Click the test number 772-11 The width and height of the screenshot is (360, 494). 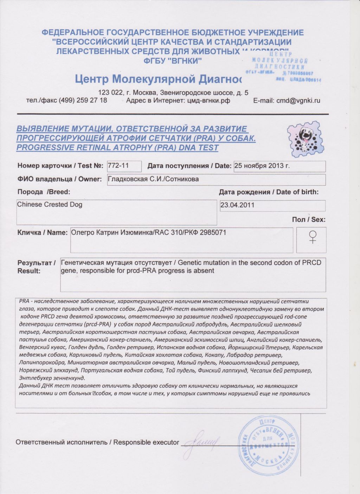(118, 166)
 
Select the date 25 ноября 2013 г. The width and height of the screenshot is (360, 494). (262, 166)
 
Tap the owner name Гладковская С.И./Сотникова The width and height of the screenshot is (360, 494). (153, 179)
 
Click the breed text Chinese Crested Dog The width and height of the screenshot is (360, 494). (50, 205)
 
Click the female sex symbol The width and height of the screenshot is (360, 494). (311, 237)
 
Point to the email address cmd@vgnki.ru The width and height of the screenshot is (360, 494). (298, 101)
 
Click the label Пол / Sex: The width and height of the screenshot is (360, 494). (308, 220)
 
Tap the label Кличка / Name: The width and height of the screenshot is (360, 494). (42, 233)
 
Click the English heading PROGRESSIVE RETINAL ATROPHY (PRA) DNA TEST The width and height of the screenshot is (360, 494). (117, 148)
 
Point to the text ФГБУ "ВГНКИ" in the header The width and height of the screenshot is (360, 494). (173, 61)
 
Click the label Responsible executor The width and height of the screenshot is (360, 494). (146, 442)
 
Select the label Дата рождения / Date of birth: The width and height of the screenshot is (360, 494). (269, 192)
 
